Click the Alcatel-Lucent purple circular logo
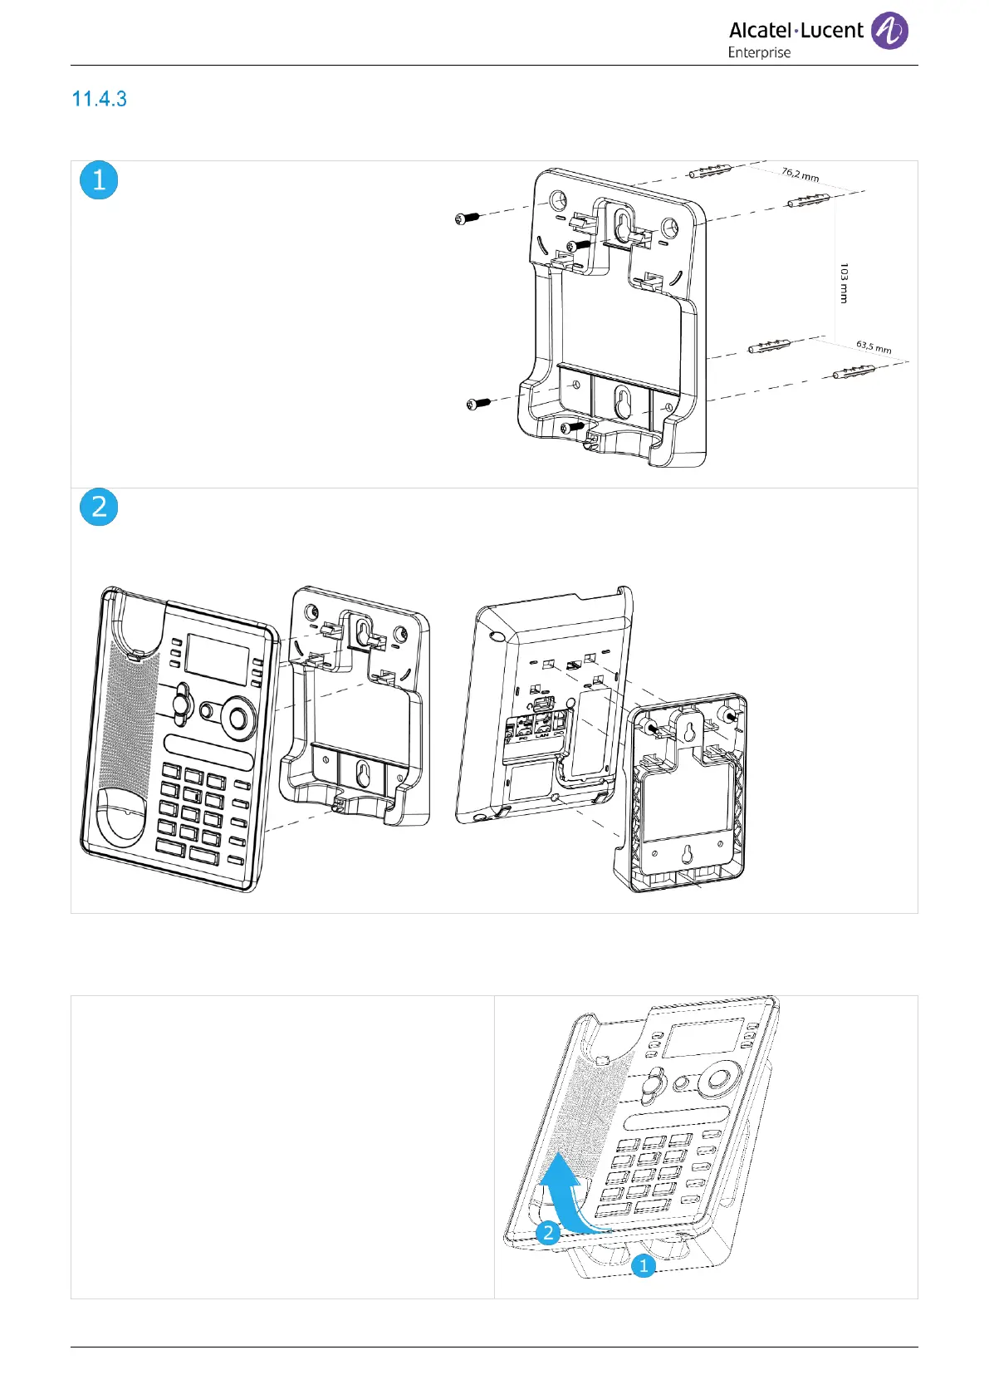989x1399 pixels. (889, 32)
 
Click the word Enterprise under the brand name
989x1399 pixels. (759, 52)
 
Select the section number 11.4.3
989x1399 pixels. (100, 99)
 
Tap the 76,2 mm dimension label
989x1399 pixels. (800, 174)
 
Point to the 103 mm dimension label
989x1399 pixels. (844, 283)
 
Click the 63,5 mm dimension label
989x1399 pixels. (874, 346)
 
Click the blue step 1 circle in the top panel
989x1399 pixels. (99, 180)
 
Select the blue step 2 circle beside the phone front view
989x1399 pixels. (99, 507)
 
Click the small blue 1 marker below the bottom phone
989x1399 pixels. (643, 1266)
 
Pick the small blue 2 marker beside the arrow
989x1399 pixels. (547, 1232)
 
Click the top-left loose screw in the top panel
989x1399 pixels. (468, 218)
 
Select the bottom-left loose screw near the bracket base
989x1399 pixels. (478, 405)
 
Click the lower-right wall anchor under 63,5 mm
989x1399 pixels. (854, 371)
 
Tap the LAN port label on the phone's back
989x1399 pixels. (542, 734)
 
